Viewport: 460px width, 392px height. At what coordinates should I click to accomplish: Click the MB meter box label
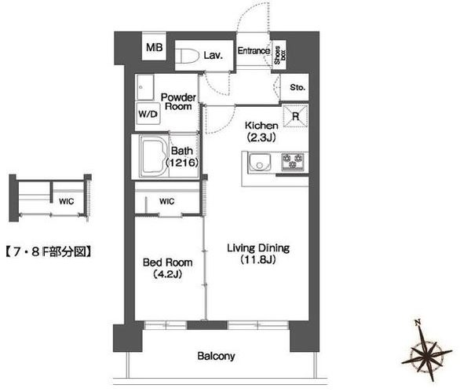tap(155, 47)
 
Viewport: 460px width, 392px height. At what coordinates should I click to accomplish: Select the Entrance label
tap(254, 51)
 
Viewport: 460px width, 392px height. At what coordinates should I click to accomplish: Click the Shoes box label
tap(279, 55)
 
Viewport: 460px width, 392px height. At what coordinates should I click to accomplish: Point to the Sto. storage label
tap(298, 87)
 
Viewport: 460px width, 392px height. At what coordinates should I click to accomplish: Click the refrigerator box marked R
tap(295, 116)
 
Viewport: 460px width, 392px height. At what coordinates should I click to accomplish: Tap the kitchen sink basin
tap(260, 163)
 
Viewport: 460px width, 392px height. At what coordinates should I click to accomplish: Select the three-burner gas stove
tap(293, 162)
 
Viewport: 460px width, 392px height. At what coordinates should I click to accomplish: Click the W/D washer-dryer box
tap(148, 114)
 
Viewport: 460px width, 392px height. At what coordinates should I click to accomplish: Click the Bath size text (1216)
tap(182, 163)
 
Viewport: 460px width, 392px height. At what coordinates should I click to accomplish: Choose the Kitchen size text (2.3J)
tap(261, 137)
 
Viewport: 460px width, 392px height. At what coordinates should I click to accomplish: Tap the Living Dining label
tap(258, 248)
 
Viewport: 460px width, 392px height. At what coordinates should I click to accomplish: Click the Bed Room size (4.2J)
tap(167, 274)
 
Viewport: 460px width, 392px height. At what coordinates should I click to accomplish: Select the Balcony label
tap(216, 356)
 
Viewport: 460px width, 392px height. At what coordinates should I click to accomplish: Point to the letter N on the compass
tap(418, 323)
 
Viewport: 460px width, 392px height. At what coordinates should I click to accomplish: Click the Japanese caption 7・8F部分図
tap(48, 252)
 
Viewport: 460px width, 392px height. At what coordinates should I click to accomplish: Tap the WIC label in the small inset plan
tap(66, 201)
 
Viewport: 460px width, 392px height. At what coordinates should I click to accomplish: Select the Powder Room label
tap(178, 101)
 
